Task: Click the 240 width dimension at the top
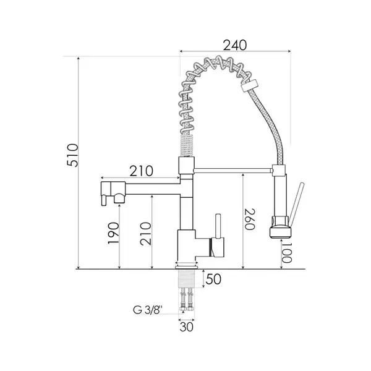coord(235,45)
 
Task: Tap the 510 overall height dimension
coord(72,155)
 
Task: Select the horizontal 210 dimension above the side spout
coord(141,171)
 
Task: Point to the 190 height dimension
coord(113,233)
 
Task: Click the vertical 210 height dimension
coord(145,234)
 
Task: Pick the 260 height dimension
coord(250,220)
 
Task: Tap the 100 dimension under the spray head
coord(287,253)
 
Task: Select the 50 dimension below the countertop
coord(213,279)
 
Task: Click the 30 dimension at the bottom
coord(187,327)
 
